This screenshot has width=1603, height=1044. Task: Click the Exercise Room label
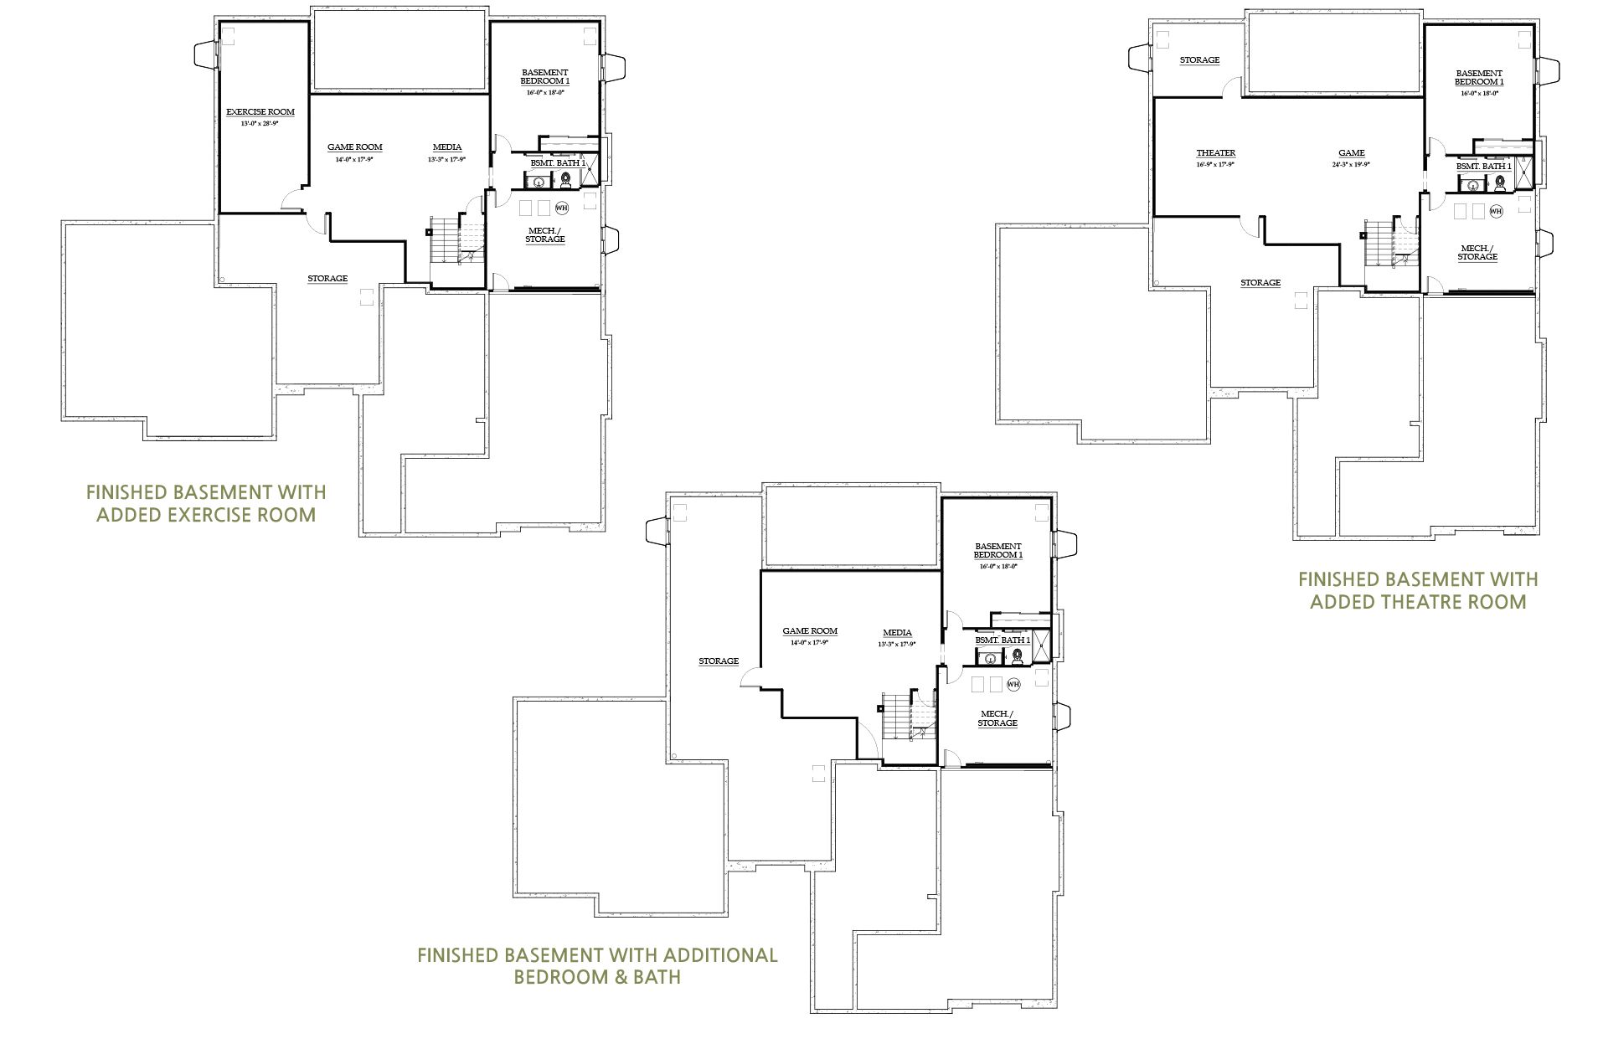pos(260,111)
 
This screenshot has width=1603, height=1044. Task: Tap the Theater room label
pos(1215,153)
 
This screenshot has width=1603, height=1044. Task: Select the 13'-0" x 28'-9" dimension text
pos(260,123)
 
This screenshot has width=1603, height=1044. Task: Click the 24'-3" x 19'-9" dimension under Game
pos(1351,164)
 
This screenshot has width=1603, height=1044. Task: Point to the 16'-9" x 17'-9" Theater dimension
pos(1215,164)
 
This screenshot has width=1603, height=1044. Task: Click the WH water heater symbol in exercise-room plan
pos(561,207)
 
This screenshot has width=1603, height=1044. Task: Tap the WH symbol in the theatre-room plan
pos(1496,211)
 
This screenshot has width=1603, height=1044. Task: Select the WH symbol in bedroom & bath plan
pos(1013,684)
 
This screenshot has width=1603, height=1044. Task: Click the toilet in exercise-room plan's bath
pos(566,179)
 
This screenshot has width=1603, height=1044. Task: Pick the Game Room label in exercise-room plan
pos(354,147)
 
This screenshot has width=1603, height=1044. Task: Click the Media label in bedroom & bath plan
pos(897,633)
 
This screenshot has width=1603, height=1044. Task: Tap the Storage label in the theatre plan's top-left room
pos(1199,60)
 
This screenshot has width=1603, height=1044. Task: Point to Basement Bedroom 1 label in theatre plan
pos(1478,78)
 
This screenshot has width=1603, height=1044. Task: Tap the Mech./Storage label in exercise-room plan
pos(544,235)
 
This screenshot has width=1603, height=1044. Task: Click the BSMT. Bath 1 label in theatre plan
pos(1483,167)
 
